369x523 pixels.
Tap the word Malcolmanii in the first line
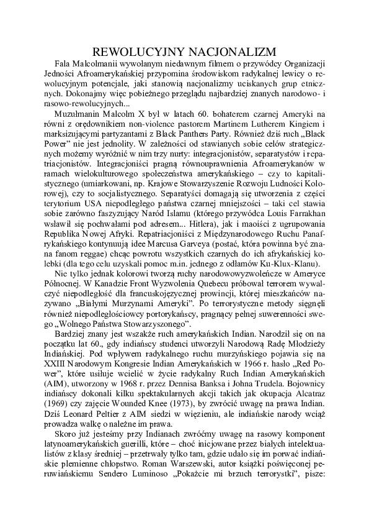92,63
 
